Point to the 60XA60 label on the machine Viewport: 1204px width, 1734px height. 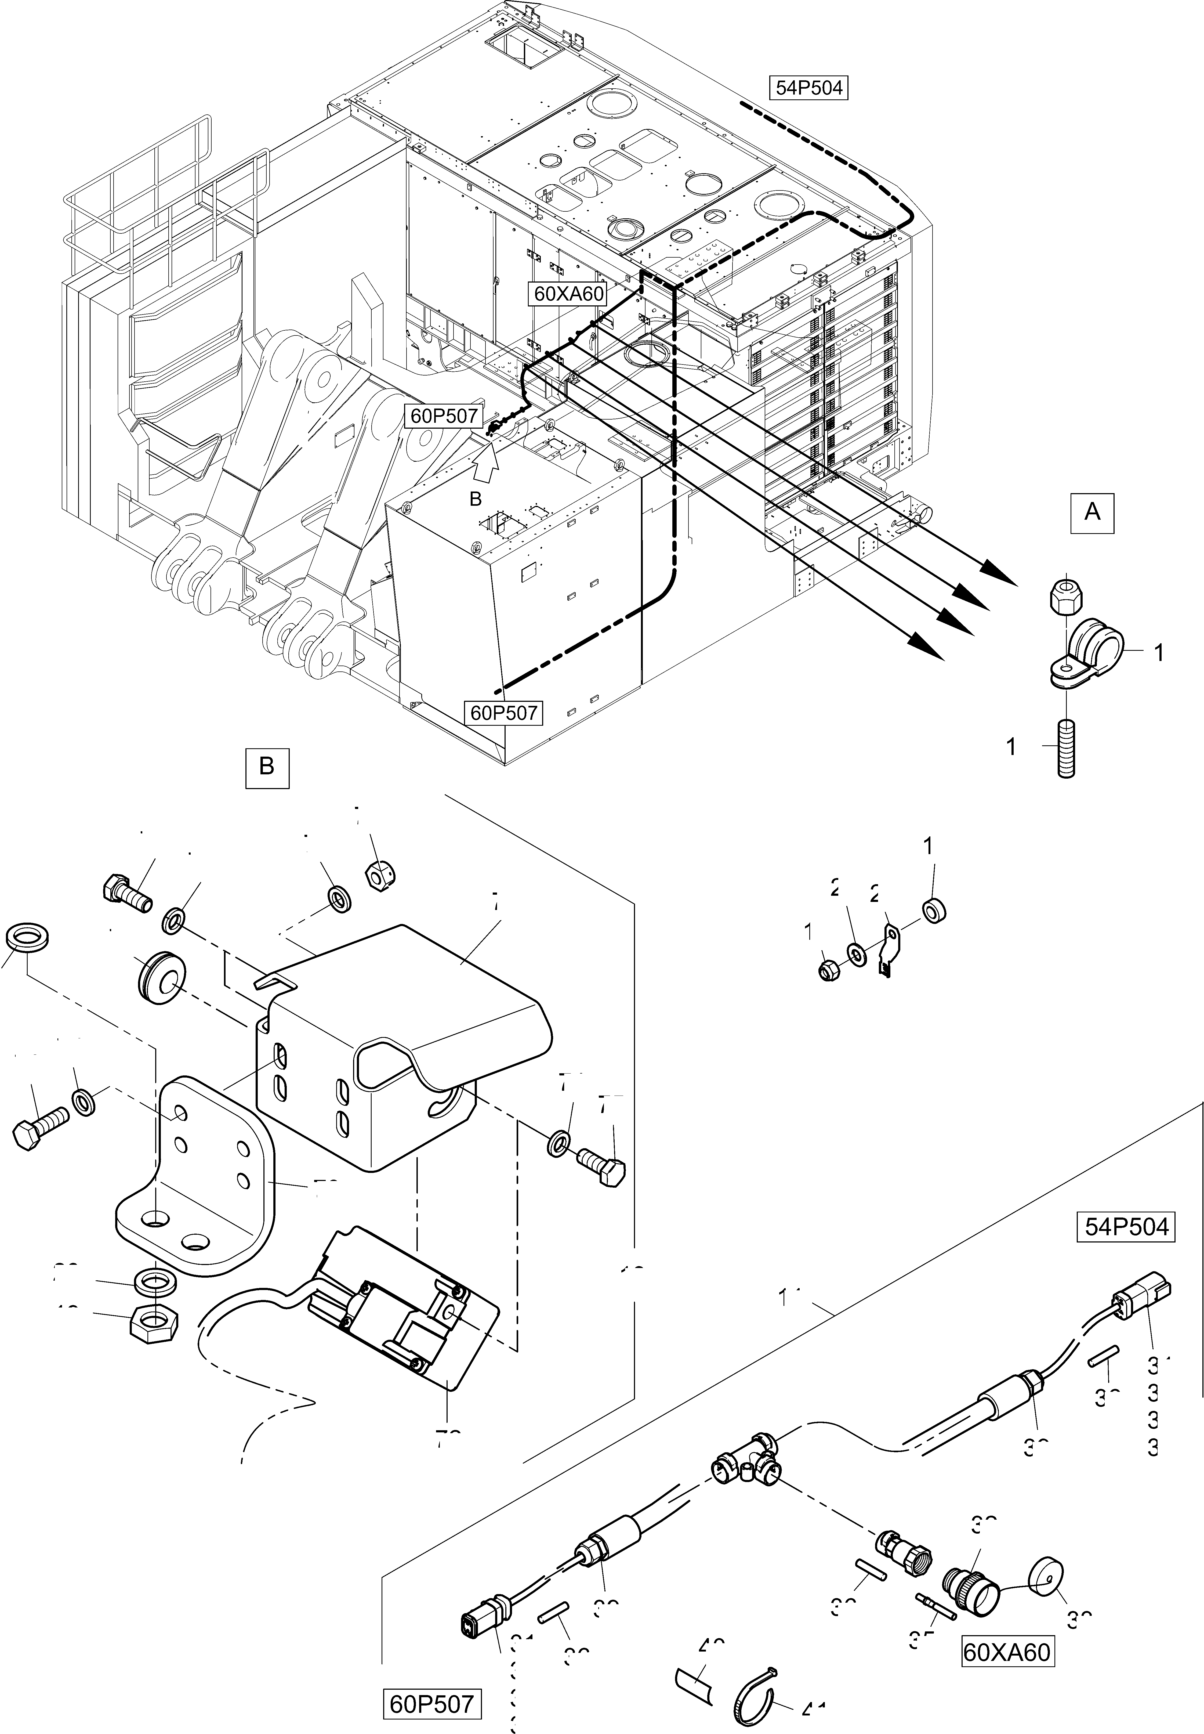(x=569, y=294)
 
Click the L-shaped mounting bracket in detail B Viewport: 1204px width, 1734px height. (x=196, y=1181)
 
